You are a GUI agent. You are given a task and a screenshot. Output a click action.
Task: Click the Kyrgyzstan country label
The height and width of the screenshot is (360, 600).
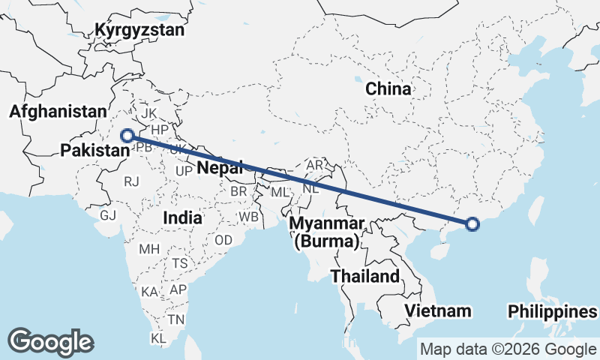[139, 31]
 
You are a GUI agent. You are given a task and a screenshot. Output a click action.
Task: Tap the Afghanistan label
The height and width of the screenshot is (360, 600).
[58, 112]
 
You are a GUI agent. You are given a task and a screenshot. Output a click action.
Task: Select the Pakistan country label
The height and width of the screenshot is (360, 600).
[95, 151]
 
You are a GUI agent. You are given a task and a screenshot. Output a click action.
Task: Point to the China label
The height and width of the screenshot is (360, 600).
[388, 89]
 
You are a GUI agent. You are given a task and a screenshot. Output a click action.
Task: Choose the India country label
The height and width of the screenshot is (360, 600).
[183, 218]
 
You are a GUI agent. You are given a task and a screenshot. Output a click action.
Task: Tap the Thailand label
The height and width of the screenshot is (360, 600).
[365, 276]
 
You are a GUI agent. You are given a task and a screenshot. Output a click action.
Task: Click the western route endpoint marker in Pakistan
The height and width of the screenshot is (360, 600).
[127, 136]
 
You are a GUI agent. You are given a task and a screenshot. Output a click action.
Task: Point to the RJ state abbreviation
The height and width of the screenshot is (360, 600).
[132, 181]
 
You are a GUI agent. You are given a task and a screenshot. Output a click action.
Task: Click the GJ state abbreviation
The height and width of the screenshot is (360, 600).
[108, 215]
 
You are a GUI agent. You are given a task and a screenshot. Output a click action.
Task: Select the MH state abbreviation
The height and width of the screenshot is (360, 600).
[148, 248]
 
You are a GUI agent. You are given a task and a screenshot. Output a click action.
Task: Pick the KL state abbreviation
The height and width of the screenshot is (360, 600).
[158, 339]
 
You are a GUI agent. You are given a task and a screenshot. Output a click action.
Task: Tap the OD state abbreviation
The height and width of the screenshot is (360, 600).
[223, 241]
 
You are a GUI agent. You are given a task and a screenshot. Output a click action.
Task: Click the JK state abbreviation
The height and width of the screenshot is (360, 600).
[149, 113]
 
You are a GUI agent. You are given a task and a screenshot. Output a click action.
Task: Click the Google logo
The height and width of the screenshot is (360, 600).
[51, 342]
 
